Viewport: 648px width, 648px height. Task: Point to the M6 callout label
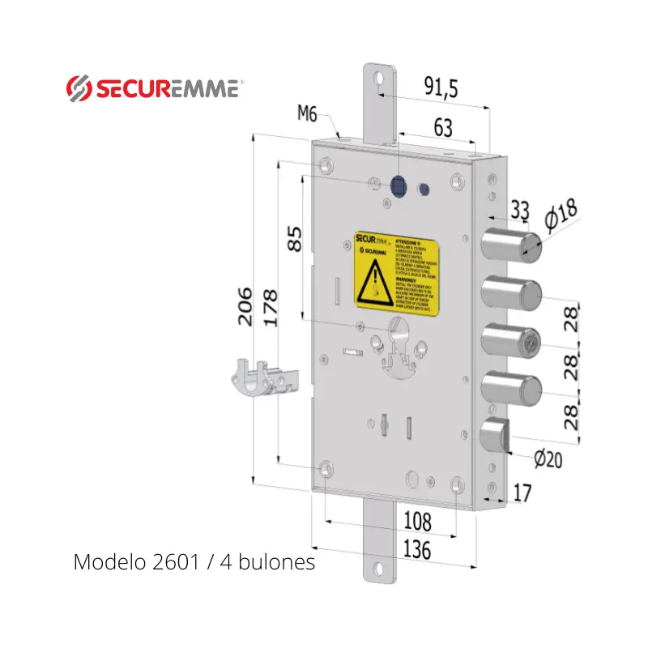coord(307,114)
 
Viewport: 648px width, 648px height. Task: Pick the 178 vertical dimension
coord(269,308)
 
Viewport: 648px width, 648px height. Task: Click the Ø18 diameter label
coord(561,215)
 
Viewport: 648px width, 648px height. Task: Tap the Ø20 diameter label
coord(548,459)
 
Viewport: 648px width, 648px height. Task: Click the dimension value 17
coord(522,492)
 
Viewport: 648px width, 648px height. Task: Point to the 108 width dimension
coord(417,521)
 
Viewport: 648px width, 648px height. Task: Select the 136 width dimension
coord(417,549)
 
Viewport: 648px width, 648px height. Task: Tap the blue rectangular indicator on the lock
coord(398,186)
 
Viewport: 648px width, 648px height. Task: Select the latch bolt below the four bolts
coord(495,437)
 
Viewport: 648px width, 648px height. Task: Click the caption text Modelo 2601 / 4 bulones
coord(194,561)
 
